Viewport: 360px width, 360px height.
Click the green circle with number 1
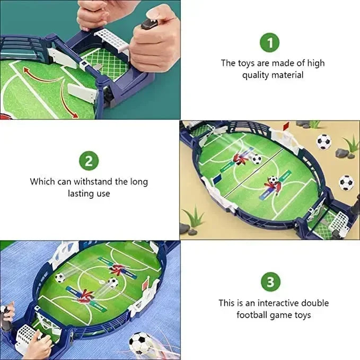point(270,42)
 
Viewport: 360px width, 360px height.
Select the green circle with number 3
point(270,282)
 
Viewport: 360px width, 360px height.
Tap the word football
point(253,315)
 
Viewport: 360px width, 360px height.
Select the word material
point(287,75)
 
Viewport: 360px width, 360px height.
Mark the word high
point(316,63)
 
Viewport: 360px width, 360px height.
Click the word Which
point(42,181)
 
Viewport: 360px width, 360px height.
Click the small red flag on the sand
point(286,127)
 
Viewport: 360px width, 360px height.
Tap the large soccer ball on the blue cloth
point(139,343)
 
